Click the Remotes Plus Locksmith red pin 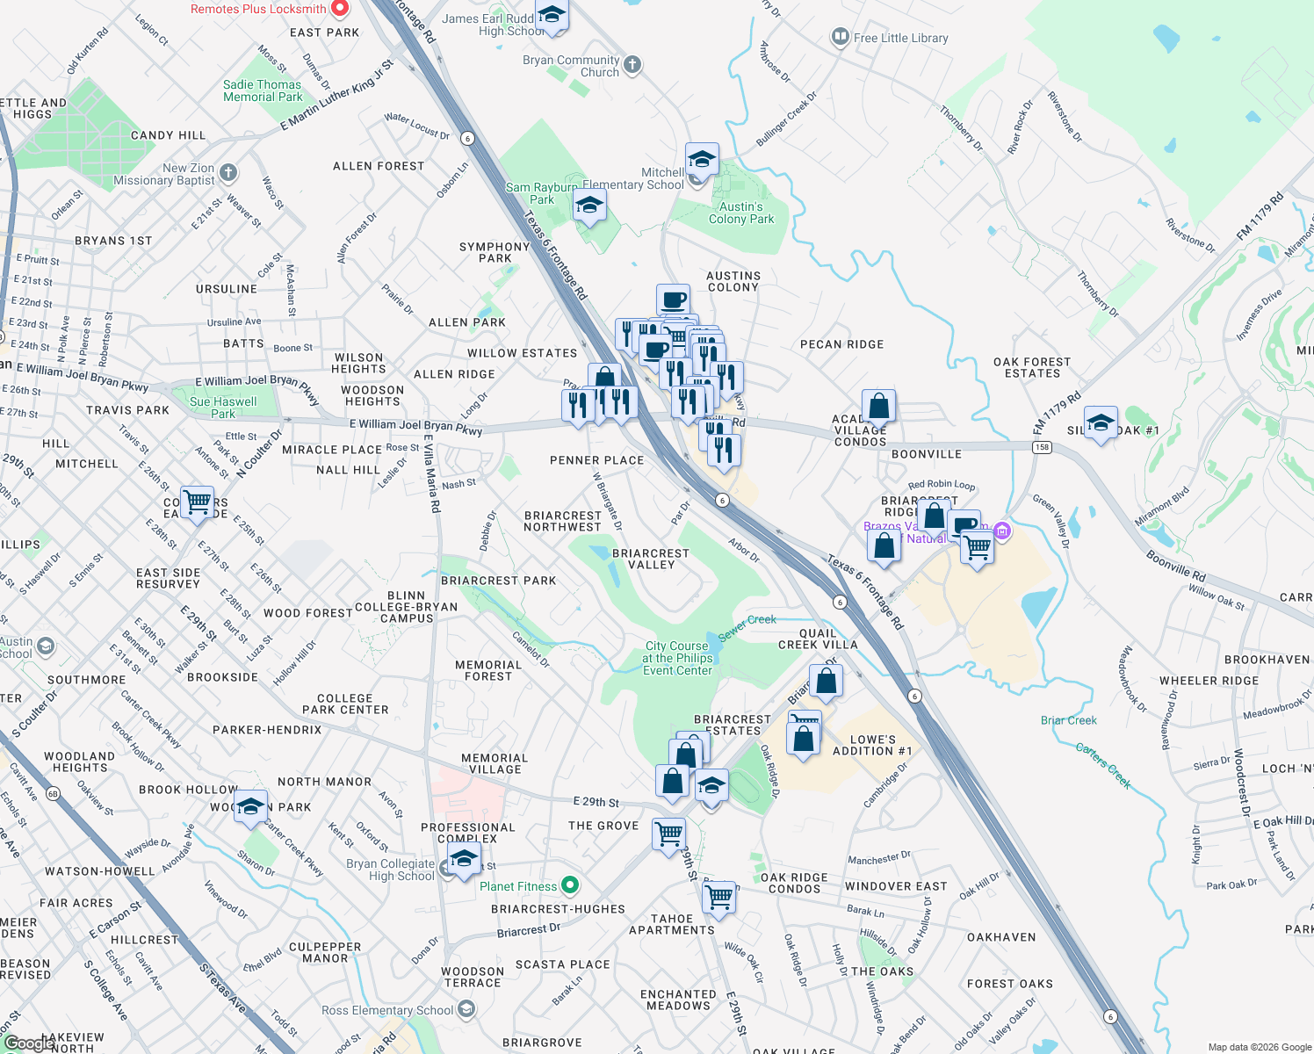(x=340, y=9)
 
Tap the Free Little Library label (x=900, y=38)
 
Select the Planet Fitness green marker (x=570, y=885)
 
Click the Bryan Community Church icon (x=632, y=64)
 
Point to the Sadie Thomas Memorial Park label (x=262, y=90)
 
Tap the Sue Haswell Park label (x=223, y=408)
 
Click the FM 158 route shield (x=1042, y=447)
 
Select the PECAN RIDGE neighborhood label (x=841, y=344)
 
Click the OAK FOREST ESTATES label (x=1032, y=367)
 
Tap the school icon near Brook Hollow (x=250, y=806)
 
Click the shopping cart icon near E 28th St (x=198, y=502)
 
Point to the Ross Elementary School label (x=387, y=1010)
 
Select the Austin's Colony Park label (x=741, y=213)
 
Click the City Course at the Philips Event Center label (x=677, y=658)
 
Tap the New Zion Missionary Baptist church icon (x=228, y=172)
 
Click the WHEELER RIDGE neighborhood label (x=1209, y=681)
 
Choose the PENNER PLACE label (x=596, y=460)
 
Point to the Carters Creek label (x=1103, y=765)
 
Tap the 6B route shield (x=53, y=794)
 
